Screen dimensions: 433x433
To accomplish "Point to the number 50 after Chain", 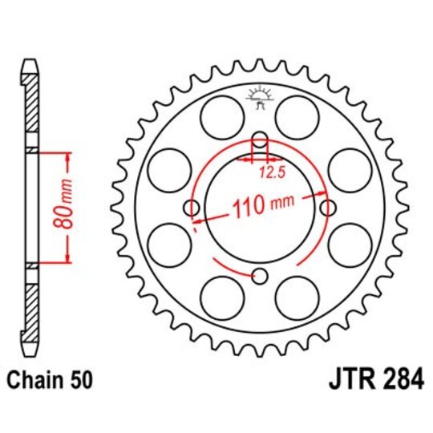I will pyautogui.click(x=80, y=378).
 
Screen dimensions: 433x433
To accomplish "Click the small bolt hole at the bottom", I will pyautogui.click(x=258, y=277).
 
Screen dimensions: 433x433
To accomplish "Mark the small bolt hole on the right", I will pyautogui.click(x=327, y=208).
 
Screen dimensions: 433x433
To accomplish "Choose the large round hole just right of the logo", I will pyautogui.click(x=296, y=116).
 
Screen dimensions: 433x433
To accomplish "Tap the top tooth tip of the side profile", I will pyautogui.click(x=30, y=63).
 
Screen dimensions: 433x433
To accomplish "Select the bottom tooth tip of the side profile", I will pyautogui.click(x=30, y=351).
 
